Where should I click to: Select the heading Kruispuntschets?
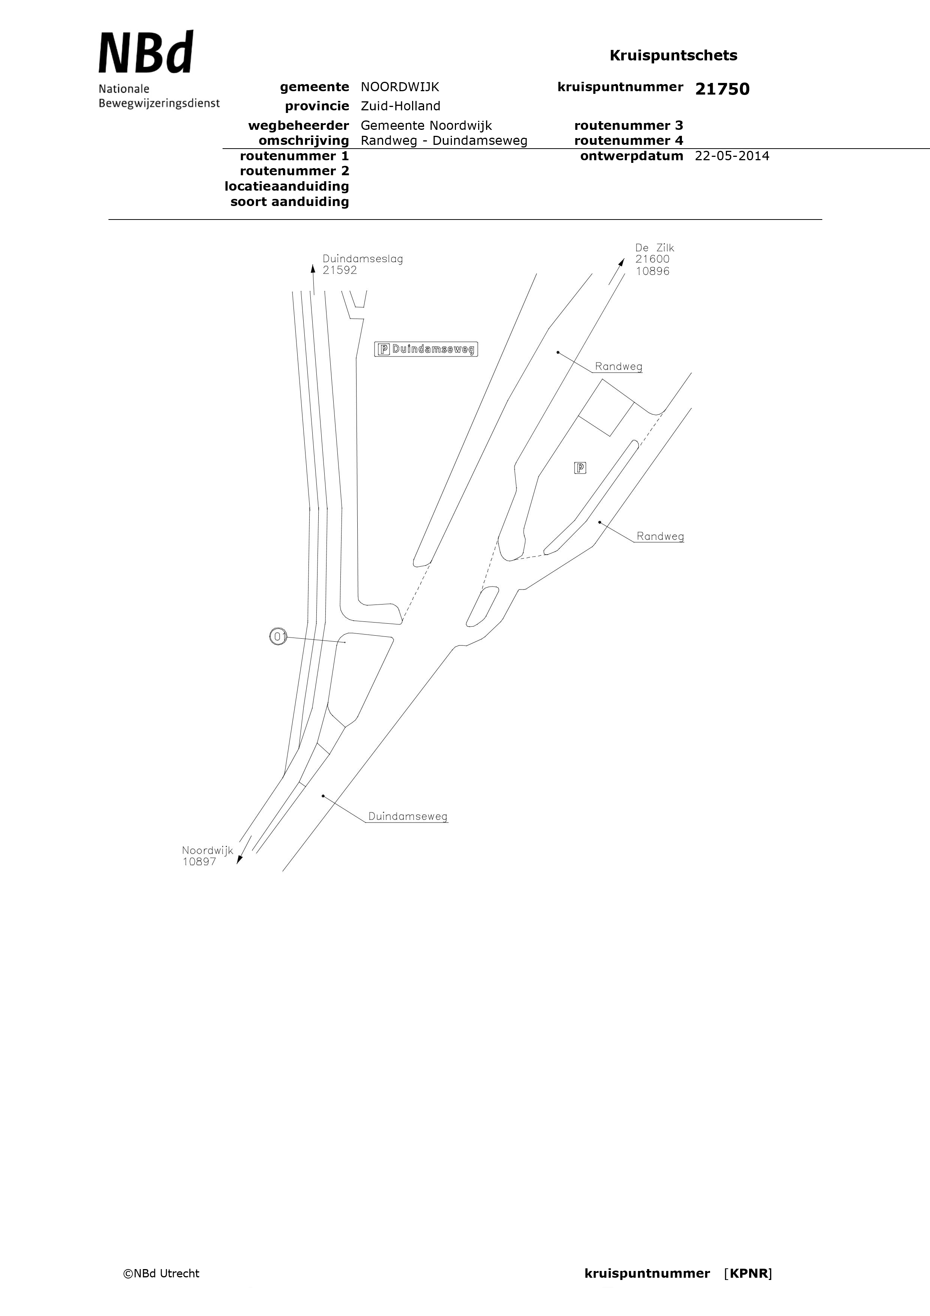673,56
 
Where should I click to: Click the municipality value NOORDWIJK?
400,87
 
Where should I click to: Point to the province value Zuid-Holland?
400,106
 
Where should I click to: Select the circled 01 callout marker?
278,636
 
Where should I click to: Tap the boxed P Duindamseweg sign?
426,349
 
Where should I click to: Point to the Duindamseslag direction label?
363,259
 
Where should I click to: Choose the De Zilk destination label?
654,248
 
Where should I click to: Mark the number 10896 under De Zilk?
653,271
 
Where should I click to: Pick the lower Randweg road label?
660,537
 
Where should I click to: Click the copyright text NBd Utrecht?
162,1274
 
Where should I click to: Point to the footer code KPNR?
748,1274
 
